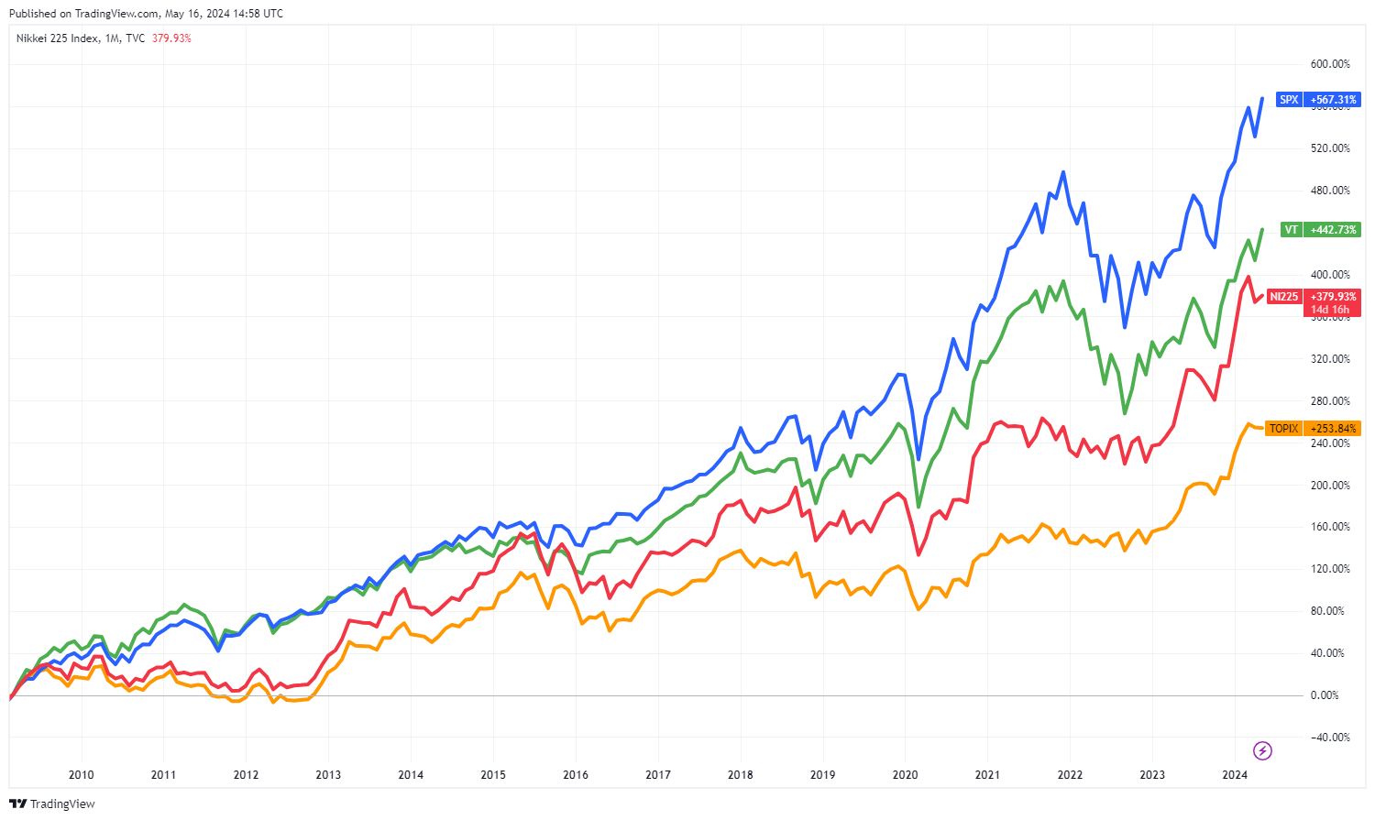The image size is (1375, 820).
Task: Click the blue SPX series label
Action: click(1289, 100)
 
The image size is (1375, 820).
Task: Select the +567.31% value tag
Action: click(1333, 100)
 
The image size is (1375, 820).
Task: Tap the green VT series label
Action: click(1291, 230)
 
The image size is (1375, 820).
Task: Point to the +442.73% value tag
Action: click(1333, 230)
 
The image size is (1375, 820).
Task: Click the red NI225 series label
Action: click(1283, 297)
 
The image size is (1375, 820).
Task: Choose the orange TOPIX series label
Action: click(1283, 429)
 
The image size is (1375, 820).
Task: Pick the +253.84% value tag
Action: click(1333, 429)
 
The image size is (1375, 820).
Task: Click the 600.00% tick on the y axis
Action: click(1330, 64)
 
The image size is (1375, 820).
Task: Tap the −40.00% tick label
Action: click(1330, 738)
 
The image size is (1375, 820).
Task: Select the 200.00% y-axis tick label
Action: click(1330, 486)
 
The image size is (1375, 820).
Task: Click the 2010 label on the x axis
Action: click(82, 775)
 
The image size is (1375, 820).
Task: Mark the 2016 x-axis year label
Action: click(576, 775)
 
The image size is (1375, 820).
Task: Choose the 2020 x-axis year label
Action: click(905, 775)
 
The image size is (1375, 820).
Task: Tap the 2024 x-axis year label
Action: click(1235, 775)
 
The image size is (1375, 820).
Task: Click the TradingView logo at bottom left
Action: click(52, 804)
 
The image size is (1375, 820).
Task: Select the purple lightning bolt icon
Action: click(1262, 751)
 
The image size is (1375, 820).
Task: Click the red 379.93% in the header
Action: click(171, 38)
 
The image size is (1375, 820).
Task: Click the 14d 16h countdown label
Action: click(1330, 310)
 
